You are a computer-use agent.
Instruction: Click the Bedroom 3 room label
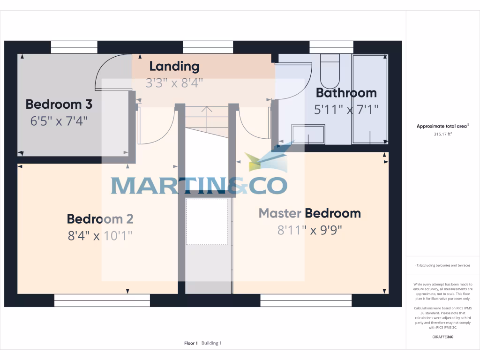59,104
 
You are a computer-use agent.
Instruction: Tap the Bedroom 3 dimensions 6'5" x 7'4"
59,121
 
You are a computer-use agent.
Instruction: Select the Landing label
174,67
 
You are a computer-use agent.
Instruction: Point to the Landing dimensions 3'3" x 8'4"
174,83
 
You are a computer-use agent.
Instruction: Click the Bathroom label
346,93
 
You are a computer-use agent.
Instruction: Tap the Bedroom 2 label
100,219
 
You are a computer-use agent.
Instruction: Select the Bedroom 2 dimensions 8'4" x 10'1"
100,235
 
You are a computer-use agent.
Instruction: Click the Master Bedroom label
310,213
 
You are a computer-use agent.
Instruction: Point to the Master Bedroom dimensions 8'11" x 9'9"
310,230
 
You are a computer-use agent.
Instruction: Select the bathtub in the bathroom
370,99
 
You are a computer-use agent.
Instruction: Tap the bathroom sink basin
308,134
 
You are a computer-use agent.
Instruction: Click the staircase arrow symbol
206,112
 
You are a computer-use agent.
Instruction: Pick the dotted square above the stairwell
207,222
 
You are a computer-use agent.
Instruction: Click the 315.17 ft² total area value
442,134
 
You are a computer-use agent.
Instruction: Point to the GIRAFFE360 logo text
442,337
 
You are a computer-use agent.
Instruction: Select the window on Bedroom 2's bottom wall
102,300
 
